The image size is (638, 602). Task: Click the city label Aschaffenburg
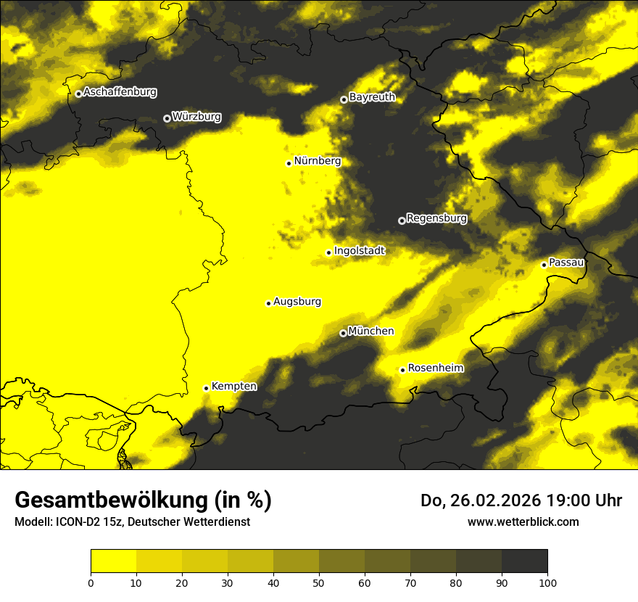(x=120, y=92)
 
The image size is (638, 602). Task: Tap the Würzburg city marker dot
(x=167, y=118)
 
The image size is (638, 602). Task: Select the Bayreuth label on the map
(x=372, y=97)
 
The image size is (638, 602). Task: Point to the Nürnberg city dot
(x=289, y=163)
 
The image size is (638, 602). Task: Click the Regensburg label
(x=436, y=218)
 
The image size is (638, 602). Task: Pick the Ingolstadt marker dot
(x=328, y=252)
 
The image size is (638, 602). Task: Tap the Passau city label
(x=566, y=263)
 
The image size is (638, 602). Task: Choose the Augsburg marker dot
(x=268, y=303)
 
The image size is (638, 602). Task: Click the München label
(x=370, y=331)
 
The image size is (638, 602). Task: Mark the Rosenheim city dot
(x=402, y=370)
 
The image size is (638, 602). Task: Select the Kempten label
(x=233, y=387)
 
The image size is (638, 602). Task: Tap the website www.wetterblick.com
(x=523, y=521)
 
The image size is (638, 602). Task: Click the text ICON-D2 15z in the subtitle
(x=91, y=522)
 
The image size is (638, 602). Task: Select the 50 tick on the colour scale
(x=319, y=582)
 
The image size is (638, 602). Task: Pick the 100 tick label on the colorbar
(x=547, y=582)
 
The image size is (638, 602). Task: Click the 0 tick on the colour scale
(x=91, y=582)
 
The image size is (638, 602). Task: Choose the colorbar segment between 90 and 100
(x=524, y=561)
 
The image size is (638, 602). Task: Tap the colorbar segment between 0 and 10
(x=113, y=561)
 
